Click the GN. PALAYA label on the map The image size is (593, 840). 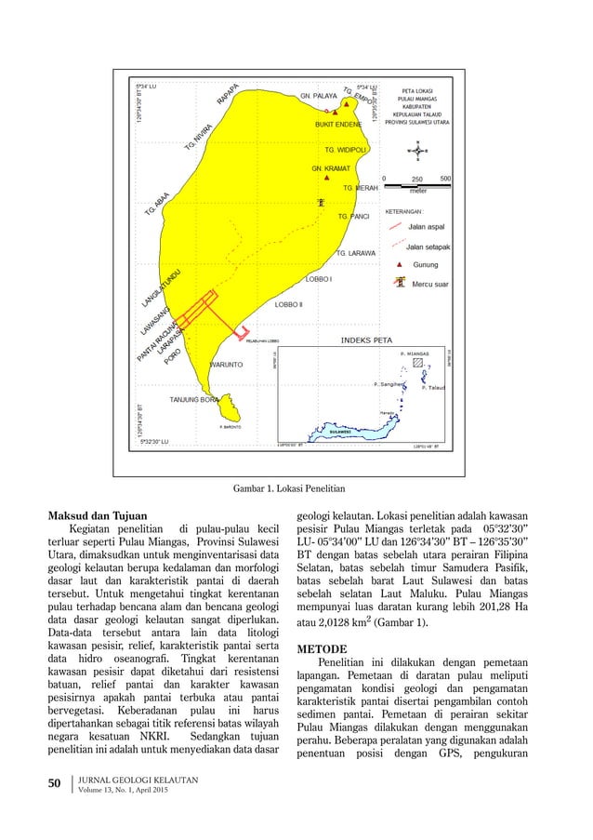pos(318,95)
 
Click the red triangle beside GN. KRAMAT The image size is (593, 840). pos(325,177)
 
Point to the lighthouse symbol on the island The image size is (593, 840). pos(321,202)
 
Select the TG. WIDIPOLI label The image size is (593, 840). pos(347,149)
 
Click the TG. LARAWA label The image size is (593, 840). pos(355,253)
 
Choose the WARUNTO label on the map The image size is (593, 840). pos(227,365)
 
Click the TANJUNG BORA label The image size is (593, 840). pos(193,399)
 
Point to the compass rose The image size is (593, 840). pos(417,152)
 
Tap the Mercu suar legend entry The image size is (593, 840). pos(430,284)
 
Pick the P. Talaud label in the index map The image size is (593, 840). pos(436,387)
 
